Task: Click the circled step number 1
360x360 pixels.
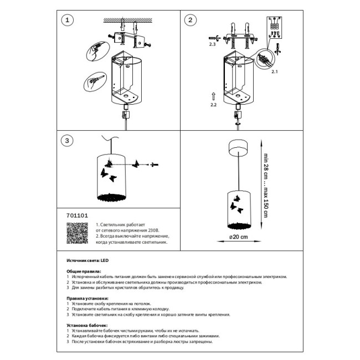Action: click(67, 20)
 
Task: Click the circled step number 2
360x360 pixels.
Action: click(191, 20)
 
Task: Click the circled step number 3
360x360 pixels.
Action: click(67, 141)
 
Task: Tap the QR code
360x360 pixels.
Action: click(77, 233)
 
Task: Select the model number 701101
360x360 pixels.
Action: click(77, 215)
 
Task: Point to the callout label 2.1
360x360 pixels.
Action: click(275, 71)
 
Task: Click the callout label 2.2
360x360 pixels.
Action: click(214, 105)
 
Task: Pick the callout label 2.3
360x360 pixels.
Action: click(212, 44)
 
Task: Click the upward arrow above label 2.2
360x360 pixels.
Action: click(214, 96)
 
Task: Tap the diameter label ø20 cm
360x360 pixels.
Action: click(239, 236)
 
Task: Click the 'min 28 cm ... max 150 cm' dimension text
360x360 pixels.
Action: click(266, 186)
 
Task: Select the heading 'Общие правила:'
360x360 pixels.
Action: click(84, 271)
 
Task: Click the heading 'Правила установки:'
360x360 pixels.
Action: click(88, 299)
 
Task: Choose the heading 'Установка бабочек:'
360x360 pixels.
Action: click(87, 325)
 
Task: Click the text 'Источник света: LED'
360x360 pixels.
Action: click(88, 260)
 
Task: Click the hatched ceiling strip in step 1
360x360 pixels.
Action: click(127, 20)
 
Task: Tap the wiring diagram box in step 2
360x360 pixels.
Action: click(274, 28)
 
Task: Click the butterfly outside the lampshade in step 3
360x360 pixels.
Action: click(136, 164)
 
